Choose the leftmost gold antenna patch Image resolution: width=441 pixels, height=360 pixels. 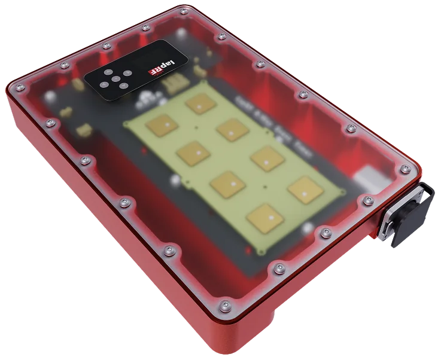click(162, 126)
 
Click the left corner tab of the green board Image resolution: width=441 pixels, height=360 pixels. click(124, 124)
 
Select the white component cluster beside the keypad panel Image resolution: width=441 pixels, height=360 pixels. click(143, 96)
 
